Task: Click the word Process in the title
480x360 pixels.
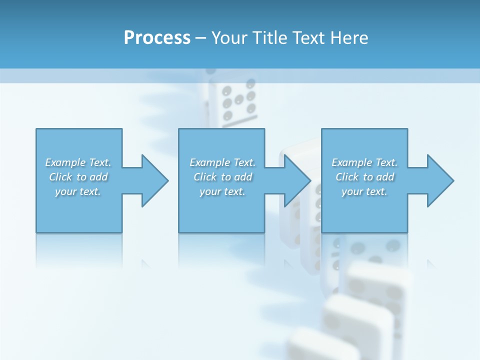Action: click(x=157, y=38)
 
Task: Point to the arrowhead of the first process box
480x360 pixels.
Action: click(x=155, y=180)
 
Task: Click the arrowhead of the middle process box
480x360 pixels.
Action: click(x=297, y=180)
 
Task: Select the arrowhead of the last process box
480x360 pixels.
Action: click(x=440, y=180)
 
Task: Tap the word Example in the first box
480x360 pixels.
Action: click(x=65, y=162)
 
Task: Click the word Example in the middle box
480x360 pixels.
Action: click(x=209, y=162)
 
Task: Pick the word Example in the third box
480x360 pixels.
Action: click(x=351, y=162)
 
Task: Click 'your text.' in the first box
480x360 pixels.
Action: click(x=78, y=191)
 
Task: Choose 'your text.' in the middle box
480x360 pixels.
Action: click(x=222, y=191)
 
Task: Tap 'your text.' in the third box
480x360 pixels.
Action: click(x=364, y=191)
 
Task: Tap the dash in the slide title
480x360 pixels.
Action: click(x=200, y=38)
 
